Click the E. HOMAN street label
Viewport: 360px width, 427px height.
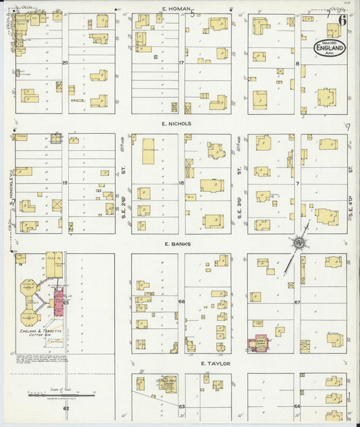click(174, 8)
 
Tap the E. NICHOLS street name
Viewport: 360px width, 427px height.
click(177, 124)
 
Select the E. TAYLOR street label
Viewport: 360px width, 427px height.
click(216, 363)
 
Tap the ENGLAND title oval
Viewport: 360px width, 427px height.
click(329, 48)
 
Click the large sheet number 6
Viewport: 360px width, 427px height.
click(342, 30)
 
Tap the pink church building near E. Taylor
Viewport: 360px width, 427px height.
click(259, 344)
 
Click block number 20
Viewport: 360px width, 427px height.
click(66, 63)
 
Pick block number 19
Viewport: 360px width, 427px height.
click(66, 183)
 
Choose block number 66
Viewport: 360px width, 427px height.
click(181, 301)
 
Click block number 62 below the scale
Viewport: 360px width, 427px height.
click(66, 408)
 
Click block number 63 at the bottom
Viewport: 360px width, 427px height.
click(181, 407)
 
